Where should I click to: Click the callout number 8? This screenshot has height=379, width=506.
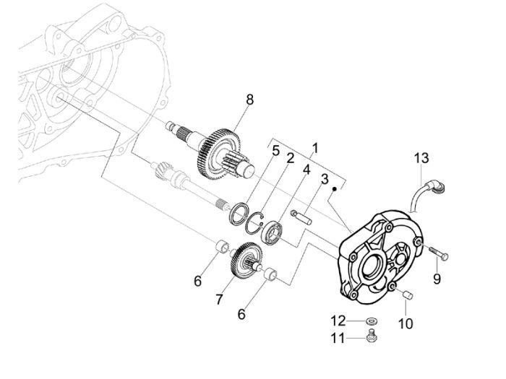coord(249,100)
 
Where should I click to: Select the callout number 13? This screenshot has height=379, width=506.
coord(421,159)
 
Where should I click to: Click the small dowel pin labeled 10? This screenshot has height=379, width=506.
coord(406,295)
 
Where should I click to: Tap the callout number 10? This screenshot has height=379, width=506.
coord(406,324)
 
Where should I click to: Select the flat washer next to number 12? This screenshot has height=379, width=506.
coord(371,321)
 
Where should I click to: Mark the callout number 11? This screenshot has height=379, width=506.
coord(338,337)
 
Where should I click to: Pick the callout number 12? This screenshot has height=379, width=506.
coord(338,321)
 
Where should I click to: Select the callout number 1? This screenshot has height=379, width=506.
coord(314,149)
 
